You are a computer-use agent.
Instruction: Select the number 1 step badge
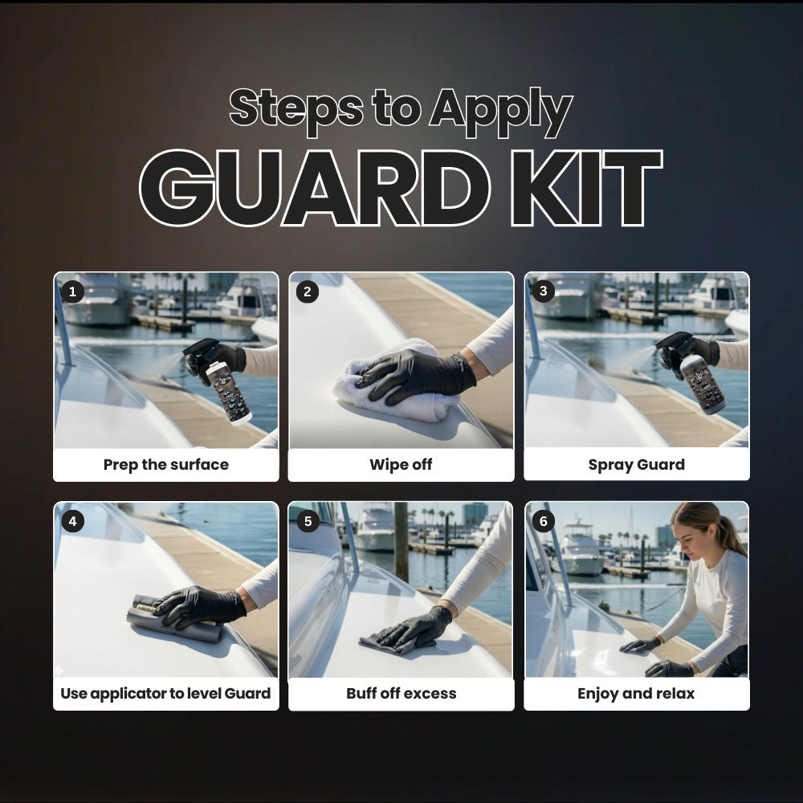pyautogui.click(x=72, y=291)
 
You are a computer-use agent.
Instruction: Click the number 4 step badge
pyautogui.click(x=72, y=521)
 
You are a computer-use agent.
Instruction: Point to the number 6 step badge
pyautogui.click(x=544, y=521)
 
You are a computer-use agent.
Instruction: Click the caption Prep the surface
pyautogui.click(x=166, y=465)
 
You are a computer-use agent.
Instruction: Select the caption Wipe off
pyautogui.click(x=401, y=465)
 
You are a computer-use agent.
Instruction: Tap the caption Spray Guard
pyautogui.click(x=636, y=465)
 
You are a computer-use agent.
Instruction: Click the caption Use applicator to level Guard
pyautogui.click(x=166, y=694)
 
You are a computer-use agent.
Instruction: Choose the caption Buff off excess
pyautogui.click(x=401, y=694)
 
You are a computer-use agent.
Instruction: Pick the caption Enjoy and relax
pyautogui.click(x=636, y=694)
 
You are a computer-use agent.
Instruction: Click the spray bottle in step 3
pyautogui.click(x=700, y=383)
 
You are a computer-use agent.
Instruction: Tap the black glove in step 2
pyautogui.click(x=418, y=373)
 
